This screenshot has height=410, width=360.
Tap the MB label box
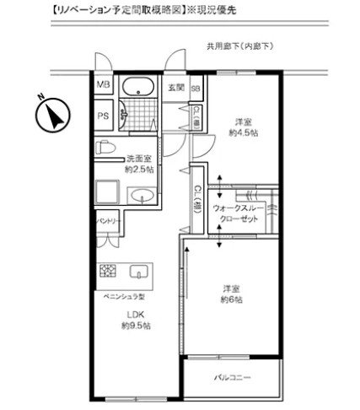point(103,85)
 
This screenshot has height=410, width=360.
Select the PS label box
point(103,116)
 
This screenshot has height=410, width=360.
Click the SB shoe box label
point(195,87)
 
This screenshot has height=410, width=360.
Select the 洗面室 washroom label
point(138,158)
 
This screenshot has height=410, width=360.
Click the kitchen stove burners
point(108,272)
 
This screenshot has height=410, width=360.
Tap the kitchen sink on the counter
point(139,272)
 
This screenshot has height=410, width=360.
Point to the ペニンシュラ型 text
point(126,297)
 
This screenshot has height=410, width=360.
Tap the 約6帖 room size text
point(232,299)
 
